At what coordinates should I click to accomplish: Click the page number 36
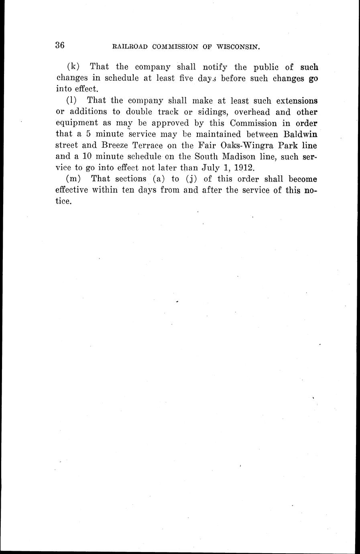tap(60, 45)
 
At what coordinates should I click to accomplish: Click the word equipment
tap(77, 123)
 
